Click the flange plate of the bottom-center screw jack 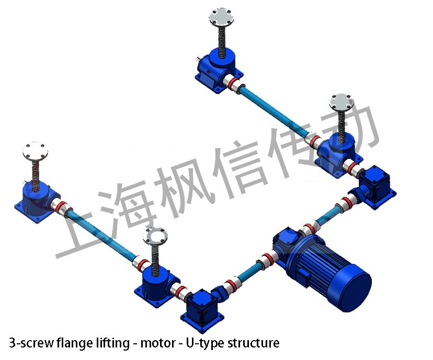coord(155,235)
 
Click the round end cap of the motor coord(355,289)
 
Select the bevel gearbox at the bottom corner coord(202,309)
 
